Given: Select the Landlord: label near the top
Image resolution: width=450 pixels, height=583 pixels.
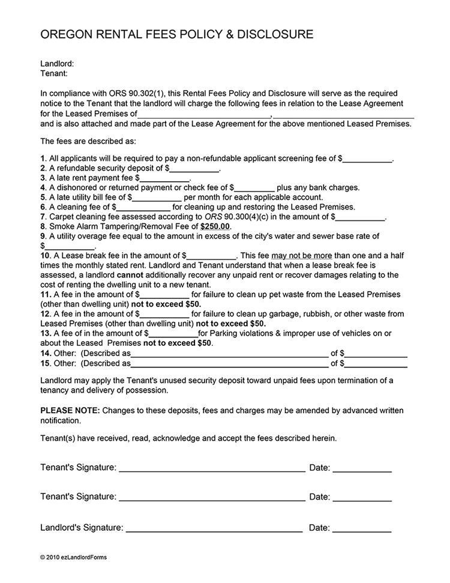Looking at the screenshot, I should [57, 64].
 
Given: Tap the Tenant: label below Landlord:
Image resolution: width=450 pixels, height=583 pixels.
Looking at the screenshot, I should [53, 73].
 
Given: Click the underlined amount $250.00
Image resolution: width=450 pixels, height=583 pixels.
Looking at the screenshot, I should [215, 226].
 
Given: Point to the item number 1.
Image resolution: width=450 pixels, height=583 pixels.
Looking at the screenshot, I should [43, 159].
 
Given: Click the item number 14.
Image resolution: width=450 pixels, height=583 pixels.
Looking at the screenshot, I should [46, 353].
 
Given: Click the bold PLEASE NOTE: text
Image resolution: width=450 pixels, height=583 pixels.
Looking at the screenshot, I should [70, 411].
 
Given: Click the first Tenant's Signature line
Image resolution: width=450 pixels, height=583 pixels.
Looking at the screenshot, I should [212, 468].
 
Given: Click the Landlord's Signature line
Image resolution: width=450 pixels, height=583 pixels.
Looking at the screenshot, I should [214, 528].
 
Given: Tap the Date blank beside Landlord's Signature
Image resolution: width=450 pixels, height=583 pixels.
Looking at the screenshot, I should [362, 528].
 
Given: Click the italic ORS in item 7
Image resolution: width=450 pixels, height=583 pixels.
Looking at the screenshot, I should [209, 217].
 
